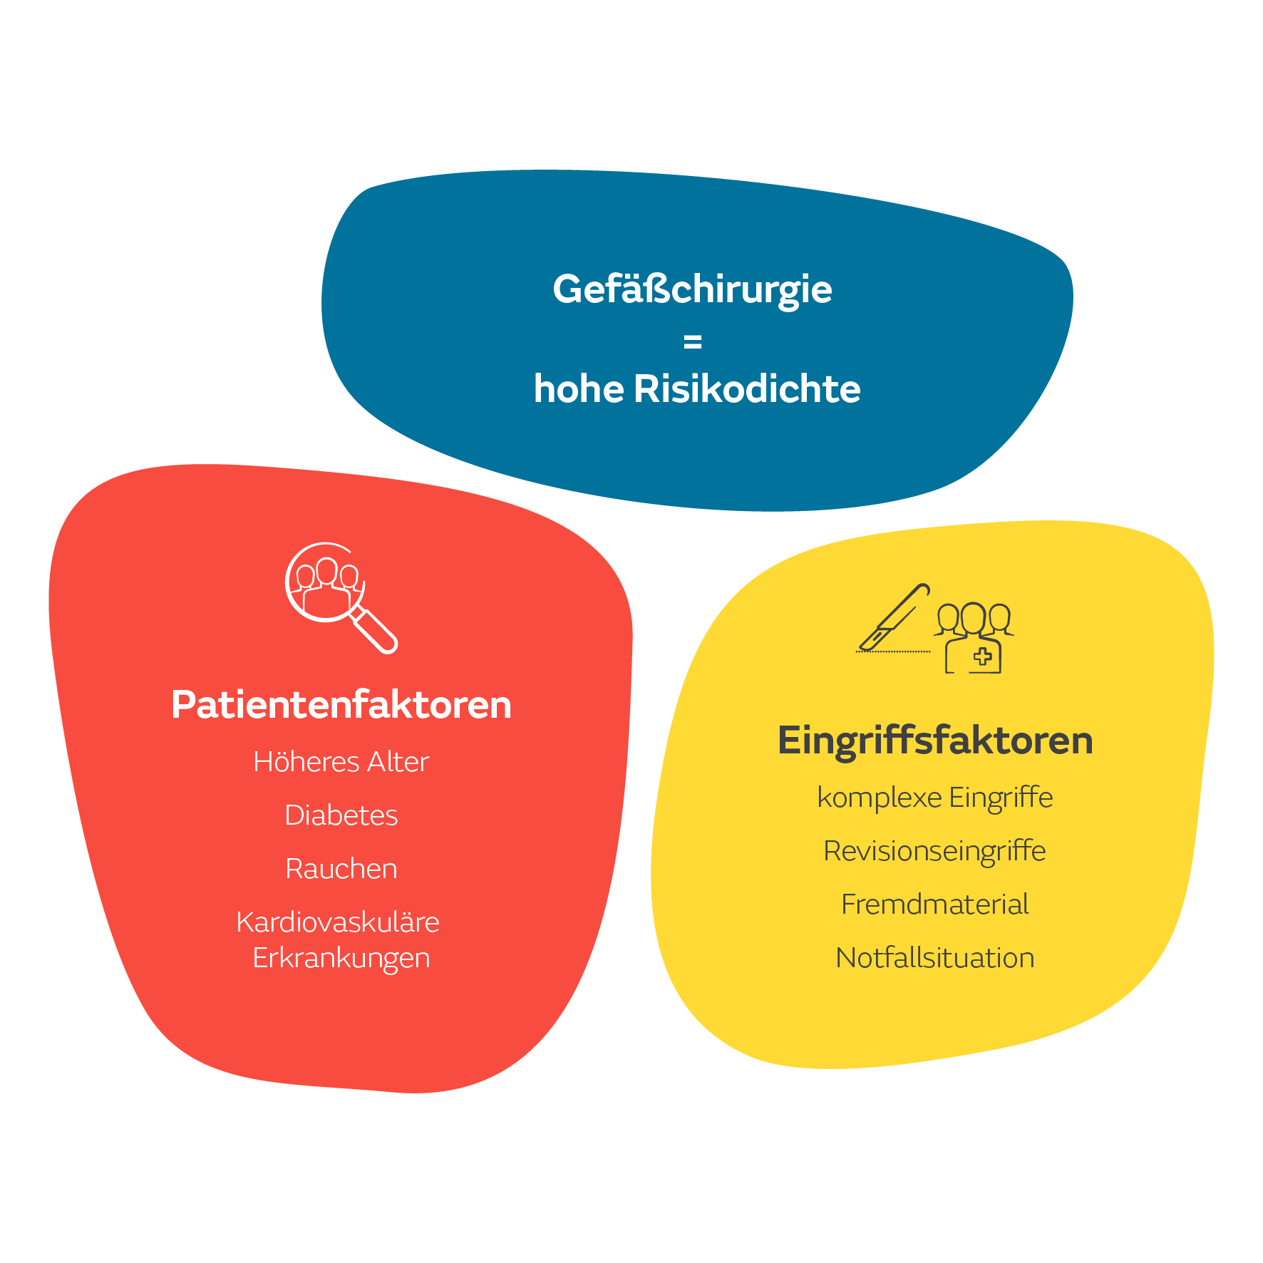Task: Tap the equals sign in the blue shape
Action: (x=692, y=343)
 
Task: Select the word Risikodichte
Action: (x=747, y=389)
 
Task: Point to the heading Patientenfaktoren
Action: (x=341, y=705)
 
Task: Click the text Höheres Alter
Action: (x=341, y=762)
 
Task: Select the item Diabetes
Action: (x=341, y=815)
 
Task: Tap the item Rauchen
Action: (x=341, y=869)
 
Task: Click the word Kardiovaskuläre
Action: (x=338, y=922)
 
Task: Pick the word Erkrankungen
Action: (x=341, y=959)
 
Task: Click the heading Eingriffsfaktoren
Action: (x=935, y=741)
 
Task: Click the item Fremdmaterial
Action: (x=935, y=904)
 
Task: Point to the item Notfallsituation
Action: (x=935, y=958)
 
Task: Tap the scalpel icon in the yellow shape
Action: (x=895, y=617)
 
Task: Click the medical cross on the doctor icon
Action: (x=983, y=656)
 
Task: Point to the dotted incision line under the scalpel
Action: (x=893, y=651)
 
